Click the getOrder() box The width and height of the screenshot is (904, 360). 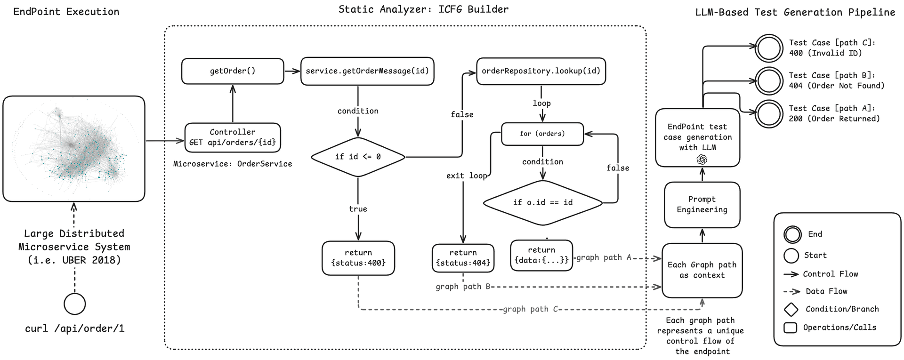tap(233, 71)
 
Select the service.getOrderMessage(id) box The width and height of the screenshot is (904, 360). tap(367, 71)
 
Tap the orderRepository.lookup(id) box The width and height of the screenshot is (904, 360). tap(541, 71)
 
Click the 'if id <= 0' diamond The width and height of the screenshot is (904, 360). tap(358, 157)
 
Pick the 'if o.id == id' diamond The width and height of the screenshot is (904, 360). tap(543, 202)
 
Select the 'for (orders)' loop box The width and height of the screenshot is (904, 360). tap(542, 134)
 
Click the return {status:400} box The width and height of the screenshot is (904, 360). tap(358, 258)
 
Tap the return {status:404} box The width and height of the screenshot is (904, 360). tap(463, 258)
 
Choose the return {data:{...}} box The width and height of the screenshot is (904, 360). tap(541, 255)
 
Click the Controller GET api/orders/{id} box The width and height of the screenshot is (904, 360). tap(233, 137)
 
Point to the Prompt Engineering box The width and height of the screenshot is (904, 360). tap(702, 205)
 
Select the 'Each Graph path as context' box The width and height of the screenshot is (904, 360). tap(702, 270)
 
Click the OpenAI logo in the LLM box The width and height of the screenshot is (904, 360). tap(702, 160)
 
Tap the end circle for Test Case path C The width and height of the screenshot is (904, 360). tap(769, 48)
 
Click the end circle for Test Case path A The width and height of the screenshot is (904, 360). tap(769, 113)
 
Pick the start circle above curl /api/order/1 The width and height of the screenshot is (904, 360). tap(74, 304)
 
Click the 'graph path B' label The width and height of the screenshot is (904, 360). tap(463, 287)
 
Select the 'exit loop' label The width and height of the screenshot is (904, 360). tap(467, 176)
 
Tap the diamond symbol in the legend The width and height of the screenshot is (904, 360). tap(791, 309)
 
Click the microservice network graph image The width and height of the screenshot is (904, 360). tap(74, 149)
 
